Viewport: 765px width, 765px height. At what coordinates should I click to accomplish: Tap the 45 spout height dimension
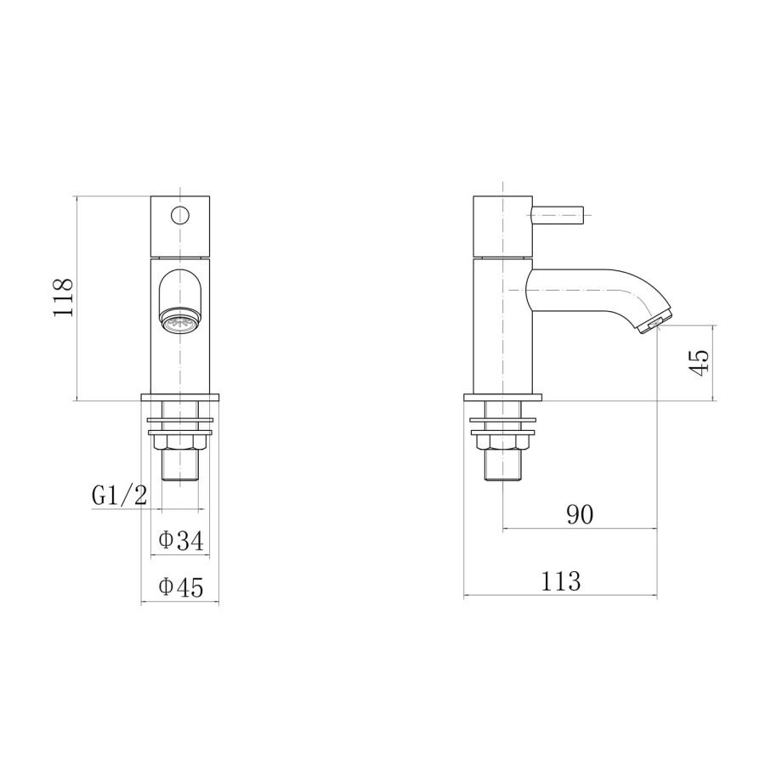coord(699,363)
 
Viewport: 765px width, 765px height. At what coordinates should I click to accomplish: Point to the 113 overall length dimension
coord(560,581)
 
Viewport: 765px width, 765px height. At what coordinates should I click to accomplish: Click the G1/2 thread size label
coord(118,496)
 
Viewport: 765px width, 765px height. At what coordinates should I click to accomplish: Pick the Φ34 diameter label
coord(181,541)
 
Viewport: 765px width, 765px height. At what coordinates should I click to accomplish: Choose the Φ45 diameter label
coord(181,587)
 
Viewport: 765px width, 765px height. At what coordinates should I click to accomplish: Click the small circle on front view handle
coord(180,214)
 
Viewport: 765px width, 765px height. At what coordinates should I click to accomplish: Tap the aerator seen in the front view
coord(180,322)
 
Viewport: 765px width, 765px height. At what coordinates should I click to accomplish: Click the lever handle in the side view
coord(559,212)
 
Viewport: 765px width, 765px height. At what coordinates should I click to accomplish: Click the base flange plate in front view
coord(180,397)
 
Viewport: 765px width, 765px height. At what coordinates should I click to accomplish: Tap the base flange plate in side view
coord(503,397)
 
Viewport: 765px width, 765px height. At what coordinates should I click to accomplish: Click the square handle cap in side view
coord(503,226)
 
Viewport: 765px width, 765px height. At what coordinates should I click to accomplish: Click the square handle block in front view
coord(180,226)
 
